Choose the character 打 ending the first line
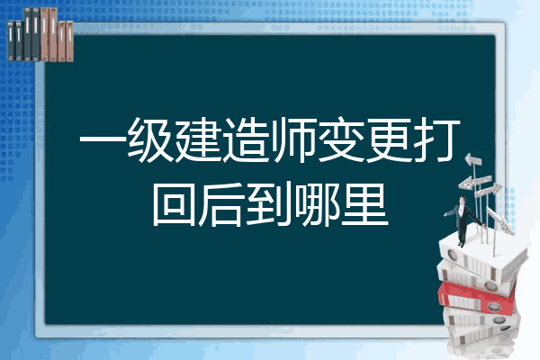[437, 139]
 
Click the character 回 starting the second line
[175, 204]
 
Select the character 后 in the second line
[221, 204]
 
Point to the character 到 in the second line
[270, 204]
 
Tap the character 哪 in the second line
[317, 204]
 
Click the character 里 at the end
[365, 204]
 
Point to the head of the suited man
[463, 200]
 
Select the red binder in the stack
[477, 297]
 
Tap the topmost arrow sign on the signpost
[473, 159]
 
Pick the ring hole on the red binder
[492, 306]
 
